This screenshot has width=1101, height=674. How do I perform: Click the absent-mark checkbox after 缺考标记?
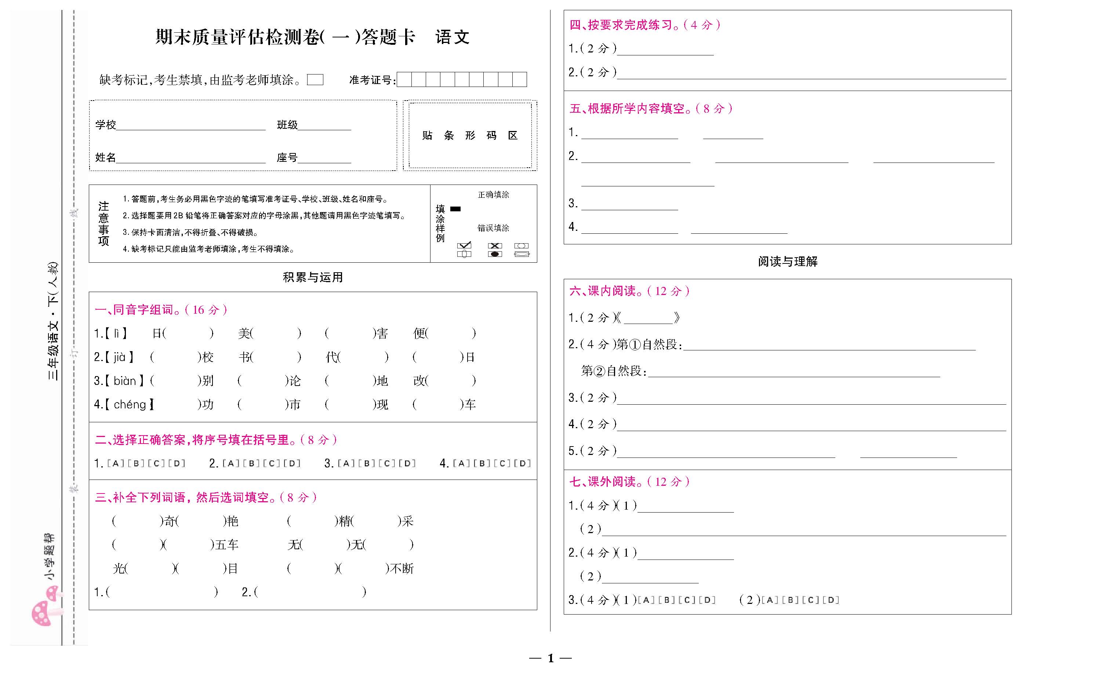pos(315,80)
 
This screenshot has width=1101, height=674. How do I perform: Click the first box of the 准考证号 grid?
pos(404,80)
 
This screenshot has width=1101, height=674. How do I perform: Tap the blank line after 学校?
pos(191,126)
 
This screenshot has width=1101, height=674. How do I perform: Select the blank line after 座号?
pos(324,159)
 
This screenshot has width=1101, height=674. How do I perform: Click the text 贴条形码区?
pos(470,135)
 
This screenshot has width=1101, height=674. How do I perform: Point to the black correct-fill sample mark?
pos(455,209)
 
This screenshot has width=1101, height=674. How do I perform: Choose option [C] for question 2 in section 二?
pos(272,463)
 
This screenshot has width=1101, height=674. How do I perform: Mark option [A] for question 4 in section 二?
pos(461,463)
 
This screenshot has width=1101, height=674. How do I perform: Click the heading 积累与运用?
pos(313,277)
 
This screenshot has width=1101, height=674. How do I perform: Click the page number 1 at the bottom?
pos(550,658)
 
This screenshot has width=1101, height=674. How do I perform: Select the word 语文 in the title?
pos(452,37)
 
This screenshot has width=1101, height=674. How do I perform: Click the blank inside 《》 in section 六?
pos(648,318)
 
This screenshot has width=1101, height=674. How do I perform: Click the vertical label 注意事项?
pos(103,223)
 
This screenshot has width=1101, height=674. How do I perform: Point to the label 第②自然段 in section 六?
pos(613,371)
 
